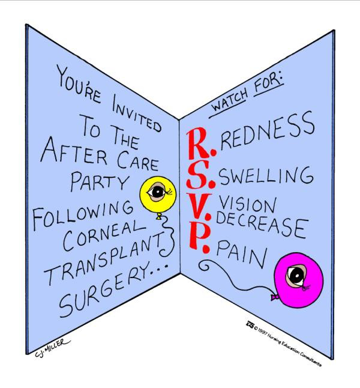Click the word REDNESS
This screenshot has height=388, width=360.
click(268, 130)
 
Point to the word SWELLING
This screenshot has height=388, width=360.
click(266, 176)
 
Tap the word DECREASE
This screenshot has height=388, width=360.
click(262, 225)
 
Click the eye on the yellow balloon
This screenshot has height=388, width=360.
click(157, 192)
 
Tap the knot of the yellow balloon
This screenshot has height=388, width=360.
click(158, 217)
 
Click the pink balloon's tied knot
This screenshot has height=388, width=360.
click(274, 297)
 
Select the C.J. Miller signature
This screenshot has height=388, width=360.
click(52, 348)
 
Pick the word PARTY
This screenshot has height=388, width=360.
click(100, 181)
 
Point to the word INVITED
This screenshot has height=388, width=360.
click(136, 112)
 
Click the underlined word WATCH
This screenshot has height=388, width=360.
click(228, 102)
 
